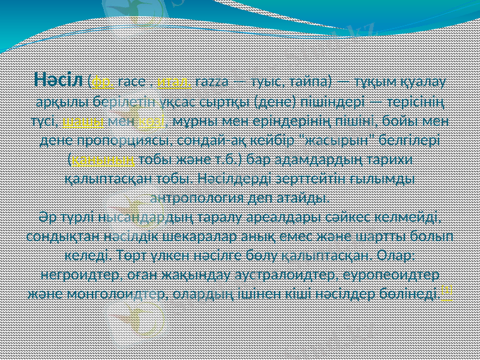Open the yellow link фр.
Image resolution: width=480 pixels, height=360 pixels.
pyautogui.click(x=101, y=82)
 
